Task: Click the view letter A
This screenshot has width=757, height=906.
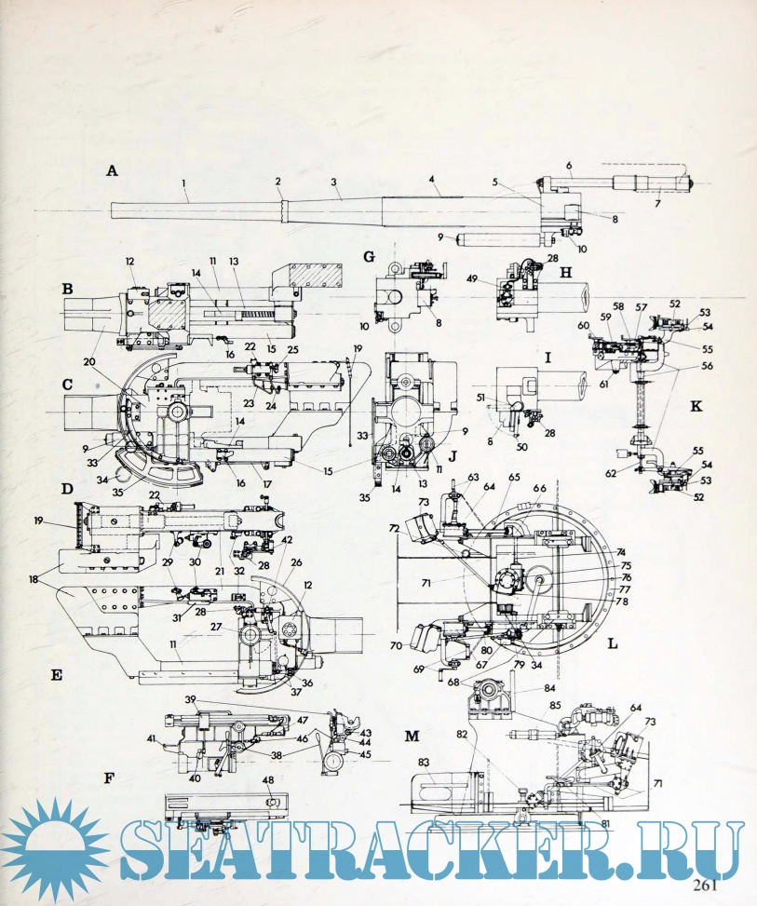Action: (x=112, y=170)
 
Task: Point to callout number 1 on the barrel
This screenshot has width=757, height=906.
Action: (x=183, y=183)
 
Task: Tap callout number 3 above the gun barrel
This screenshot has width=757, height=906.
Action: (x=334, y=182)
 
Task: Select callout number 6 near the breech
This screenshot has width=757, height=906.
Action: (x=569, y=166)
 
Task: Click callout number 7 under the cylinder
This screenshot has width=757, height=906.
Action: (x=657, y=203)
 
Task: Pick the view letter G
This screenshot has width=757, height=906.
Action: (x=370, y=257)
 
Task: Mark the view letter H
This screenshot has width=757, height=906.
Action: (x=566, y=274)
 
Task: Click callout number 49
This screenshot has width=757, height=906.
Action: (x=473, y=279)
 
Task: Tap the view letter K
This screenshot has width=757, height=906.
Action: (x=696, y=406)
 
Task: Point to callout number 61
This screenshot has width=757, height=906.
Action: (x=604, y=384)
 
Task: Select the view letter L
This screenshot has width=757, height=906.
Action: (x=613, y=643)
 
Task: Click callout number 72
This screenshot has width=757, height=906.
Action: (x=395, y=529)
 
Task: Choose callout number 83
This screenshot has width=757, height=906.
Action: (x=424, y=763)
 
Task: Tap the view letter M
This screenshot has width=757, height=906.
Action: (x=412, y=737)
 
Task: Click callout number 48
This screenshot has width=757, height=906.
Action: (x=267, y=779)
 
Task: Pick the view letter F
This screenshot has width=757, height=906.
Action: (x=109, y=778)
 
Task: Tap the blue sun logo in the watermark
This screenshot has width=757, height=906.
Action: (x=56, y=844)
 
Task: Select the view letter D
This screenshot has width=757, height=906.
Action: (x=67, y=490)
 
